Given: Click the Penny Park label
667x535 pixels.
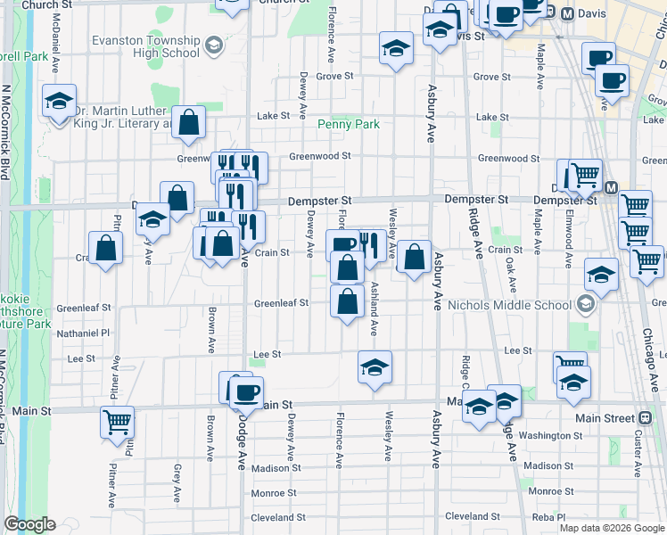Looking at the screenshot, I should pyautogui.click(x=350, y=124).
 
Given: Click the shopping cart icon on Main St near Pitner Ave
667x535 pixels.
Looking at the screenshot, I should pyautogui.click(x=117, y=423).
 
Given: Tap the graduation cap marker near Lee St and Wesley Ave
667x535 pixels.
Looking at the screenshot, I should pyautogui.click(x=375, y=366).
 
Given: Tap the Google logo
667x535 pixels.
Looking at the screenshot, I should pyautogui.click(x=29, y=524).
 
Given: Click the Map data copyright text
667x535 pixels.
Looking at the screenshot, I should pyautogui.click(x=612, y=528).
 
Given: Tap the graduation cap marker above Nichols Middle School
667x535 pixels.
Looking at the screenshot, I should pyautogui.click(x=602, y=276).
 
